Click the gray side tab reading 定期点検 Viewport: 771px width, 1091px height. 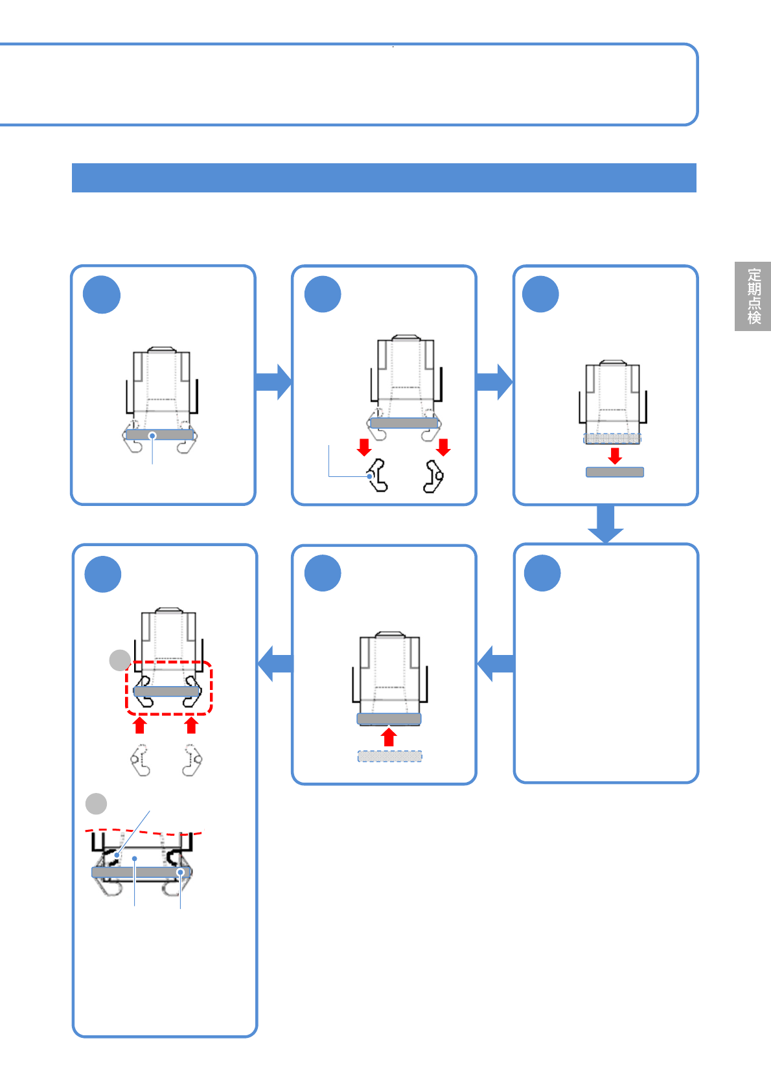pos(753,296)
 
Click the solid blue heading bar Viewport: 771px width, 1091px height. pos(384,178)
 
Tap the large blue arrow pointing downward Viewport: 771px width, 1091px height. pos(605,523)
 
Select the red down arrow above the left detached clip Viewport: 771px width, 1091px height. pos(365,447)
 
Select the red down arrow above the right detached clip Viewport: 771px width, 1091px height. pos(443,447)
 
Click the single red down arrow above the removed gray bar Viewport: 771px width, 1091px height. pos(615,455)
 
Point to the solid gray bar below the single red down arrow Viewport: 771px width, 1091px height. pos(615,472)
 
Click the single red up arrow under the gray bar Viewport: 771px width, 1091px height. pos(389,737)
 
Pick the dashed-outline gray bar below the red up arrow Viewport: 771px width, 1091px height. pos(390,756)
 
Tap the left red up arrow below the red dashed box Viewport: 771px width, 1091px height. pos(139,724)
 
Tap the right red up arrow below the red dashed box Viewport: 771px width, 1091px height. pos(191,724)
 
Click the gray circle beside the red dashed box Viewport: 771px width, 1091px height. pos(120,660)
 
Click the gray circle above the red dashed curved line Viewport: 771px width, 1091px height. pos(97,803)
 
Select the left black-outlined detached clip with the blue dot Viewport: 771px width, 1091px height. pos(377,476)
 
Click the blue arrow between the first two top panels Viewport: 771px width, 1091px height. pos(273,382)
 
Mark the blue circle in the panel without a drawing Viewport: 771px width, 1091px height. pos(542,573)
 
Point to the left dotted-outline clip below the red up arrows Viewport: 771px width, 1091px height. pos(140,760)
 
